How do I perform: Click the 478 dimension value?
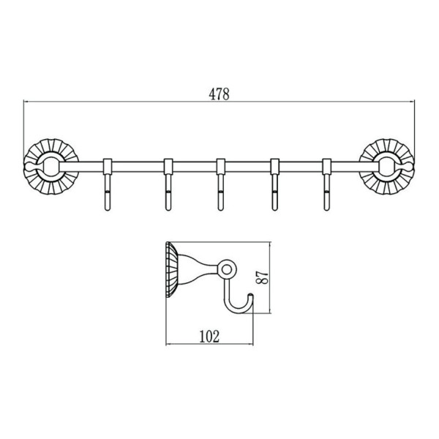point(219,94)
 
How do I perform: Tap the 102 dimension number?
point(209,337)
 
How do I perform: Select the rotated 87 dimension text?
point(263,278)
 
